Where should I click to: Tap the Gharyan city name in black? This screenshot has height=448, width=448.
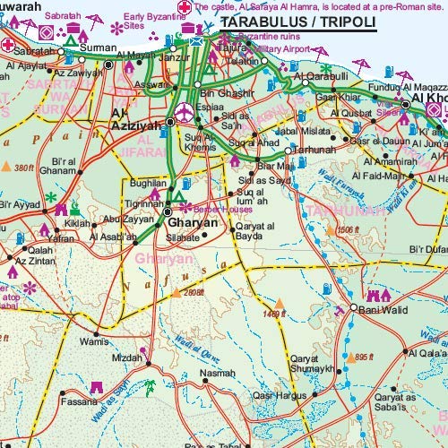point(194,217)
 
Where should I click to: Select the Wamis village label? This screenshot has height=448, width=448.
point(94,340)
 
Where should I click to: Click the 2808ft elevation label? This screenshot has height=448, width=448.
point(193,291)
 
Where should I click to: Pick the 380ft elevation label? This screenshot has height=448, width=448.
point(24,167)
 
